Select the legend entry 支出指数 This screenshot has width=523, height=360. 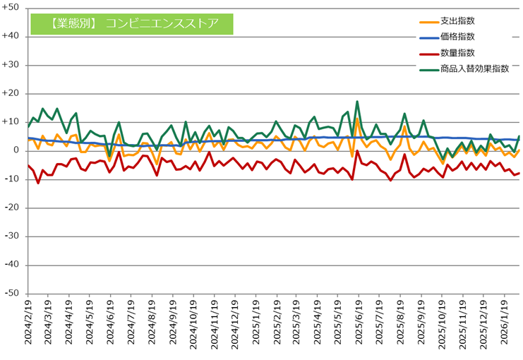456,20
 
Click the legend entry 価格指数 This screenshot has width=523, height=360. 456,37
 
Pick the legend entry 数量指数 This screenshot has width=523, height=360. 456,53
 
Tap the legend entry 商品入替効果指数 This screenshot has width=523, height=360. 474,69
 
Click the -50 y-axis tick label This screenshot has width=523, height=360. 11,294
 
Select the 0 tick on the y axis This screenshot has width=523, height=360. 16,150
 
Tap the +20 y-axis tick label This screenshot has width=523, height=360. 11,93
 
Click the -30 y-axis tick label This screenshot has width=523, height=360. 11,236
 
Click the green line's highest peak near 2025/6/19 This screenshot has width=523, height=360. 357,102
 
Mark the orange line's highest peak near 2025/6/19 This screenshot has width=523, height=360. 357,119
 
